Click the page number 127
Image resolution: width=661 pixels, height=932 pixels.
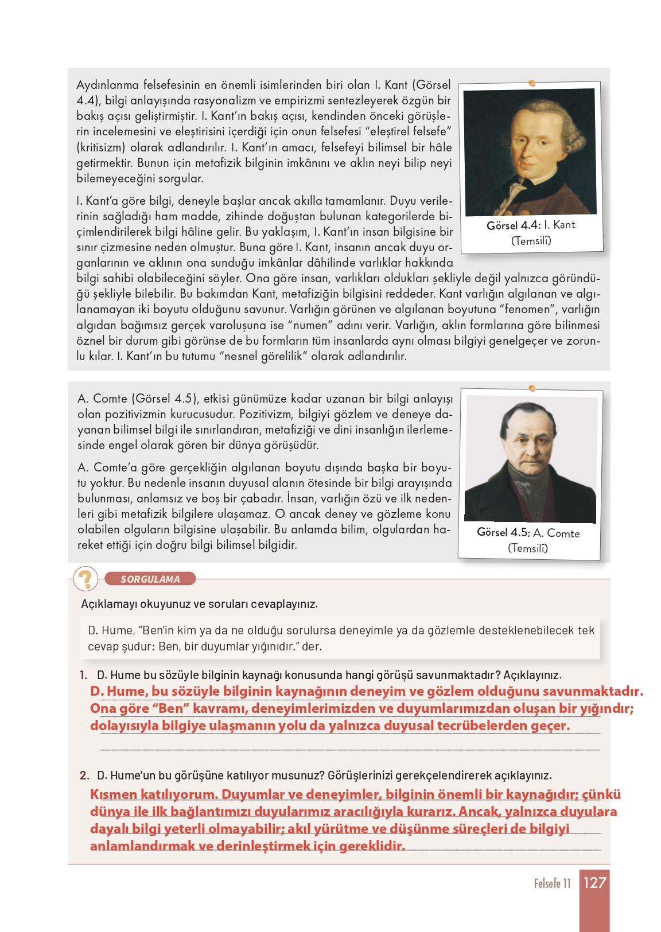594,882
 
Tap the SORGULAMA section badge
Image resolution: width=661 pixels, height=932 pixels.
150,579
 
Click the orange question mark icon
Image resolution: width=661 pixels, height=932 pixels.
86,579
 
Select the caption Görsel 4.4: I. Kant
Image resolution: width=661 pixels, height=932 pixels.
531,225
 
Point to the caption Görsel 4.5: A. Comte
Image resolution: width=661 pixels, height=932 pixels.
528,533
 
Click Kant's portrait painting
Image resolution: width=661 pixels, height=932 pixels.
530,151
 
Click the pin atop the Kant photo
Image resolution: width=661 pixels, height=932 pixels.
532,84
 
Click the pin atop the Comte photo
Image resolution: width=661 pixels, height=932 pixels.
532,389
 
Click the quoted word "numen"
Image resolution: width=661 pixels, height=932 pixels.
310,325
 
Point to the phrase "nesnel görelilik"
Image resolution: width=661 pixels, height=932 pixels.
265,356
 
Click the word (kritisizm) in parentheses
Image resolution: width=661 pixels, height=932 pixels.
100,147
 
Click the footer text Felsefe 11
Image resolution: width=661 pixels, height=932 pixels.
552,883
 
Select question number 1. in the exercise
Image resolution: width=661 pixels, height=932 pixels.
84,675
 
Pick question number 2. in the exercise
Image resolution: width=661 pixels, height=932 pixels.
84,775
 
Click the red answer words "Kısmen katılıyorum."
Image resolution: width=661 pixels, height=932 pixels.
153,794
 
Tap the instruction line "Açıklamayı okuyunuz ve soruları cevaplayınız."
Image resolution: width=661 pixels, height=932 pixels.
199,604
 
